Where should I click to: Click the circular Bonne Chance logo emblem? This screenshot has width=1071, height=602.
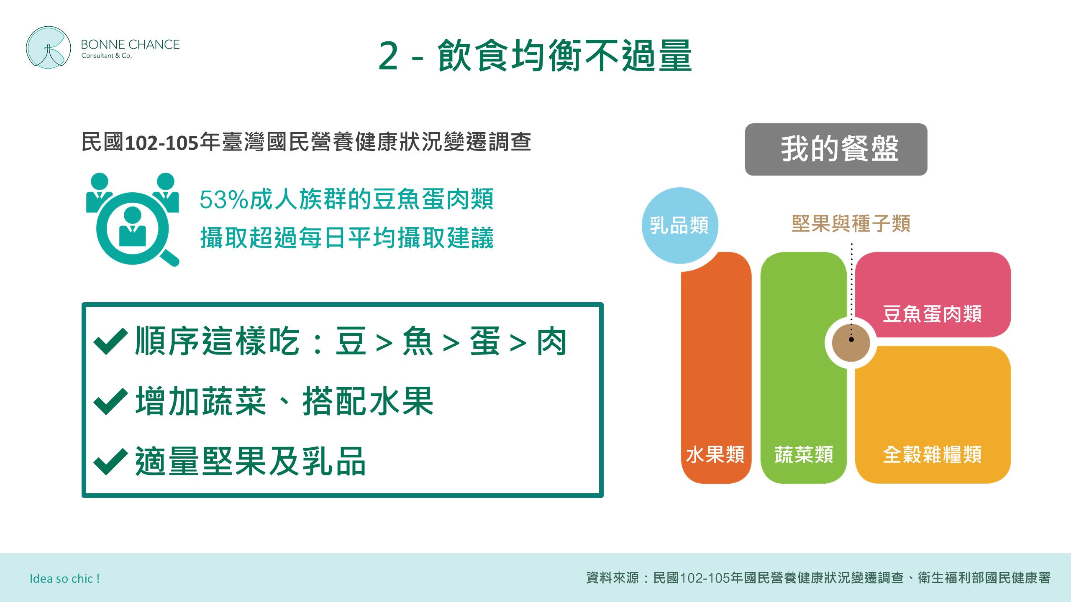[49, 48]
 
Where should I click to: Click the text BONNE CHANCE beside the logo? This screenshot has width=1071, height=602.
[130, 44]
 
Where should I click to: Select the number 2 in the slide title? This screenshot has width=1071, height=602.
[388, 56]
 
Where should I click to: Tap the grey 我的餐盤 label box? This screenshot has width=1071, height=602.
[836, 149]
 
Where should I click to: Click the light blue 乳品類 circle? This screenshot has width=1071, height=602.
[680, 226]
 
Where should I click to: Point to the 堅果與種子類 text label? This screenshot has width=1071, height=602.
[851, 223]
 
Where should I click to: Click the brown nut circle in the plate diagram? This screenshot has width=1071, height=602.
[851, 342]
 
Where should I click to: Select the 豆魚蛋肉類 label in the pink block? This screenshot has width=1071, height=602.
[932, 314]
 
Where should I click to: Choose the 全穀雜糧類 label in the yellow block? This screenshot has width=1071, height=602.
[932, 454]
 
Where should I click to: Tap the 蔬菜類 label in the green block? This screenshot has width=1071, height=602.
[804, 454]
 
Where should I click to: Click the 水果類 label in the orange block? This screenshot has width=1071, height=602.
[715, 454]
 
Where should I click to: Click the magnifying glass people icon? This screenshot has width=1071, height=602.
[133, 219]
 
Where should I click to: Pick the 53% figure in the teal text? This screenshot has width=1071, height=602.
[224, 199]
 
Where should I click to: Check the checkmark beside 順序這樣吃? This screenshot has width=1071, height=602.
[110, 341]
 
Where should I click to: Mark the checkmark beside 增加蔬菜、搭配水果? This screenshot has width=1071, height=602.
[110, 401]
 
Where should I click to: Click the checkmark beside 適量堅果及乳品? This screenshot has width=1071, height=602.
[110, 462]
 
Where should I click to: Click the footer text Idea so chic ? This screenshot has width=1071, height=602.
[64, 579]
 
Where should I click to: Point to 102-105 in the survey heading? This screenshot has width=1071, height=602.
[161, 143]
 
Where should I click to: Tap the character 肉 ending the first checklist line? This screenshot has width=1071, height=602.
[552, 342]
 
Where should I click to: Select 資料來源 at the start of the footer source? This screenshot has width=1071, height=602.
[612, 578]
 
